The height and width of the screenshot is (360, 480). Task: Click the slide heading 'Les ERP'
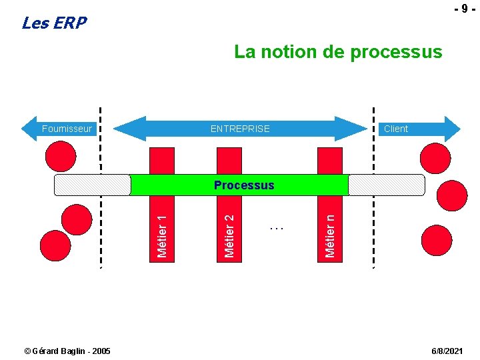click(x=54, y=23)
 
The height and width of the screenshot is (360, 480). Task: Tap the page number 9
click(x=460, y=9)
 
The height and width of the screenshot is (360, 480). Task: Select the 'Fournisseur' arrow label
click(x=67, y=129)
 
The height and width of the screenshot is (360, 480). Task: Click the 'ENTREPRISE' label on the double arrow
click(x=240, y=129)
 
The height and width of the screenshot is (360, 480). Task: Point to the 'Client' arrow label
click(x=395, y=129)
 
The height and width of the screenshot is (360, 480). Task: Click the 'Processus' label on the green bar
click(x=244, y=185)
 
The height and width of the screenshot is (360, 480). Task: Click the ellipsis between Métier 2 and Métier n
click(x=277, y=229)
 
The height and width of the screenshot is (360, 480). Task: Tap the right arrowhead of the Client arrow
click(x=453, y=129)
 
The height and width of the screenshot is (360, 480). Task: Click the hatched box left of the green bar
click(x=93, y=185)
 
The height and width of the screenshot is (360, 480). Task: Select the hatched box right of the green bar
click(x=386, y=185)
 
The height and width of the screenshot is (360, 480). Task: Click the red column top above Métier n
click(x=330, y=161)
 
